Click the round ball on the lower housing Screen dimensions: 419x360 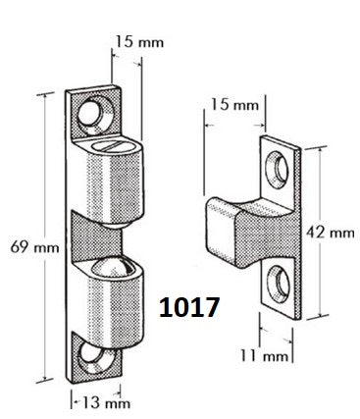coord(113,270)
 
